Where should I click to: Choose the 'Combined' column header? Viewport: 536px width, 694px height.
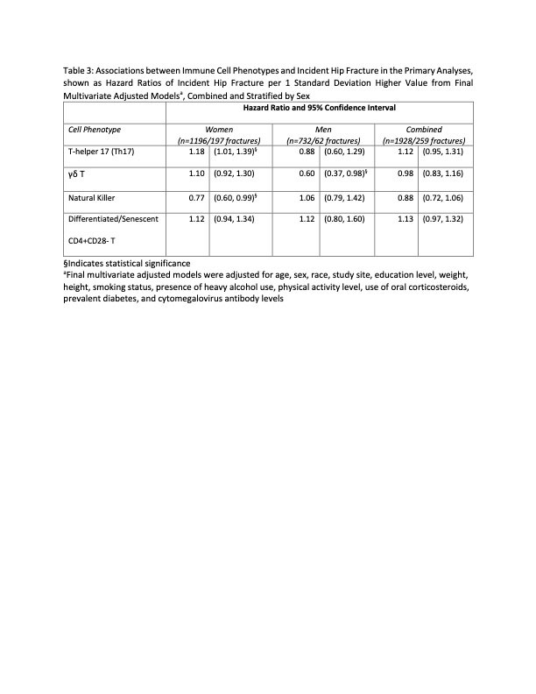[423, 130]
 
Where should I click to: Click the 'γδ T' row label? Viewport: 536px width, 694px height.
[76, 174]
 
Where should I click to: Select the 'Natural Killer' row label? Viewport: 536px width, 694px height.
[95, 197]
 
